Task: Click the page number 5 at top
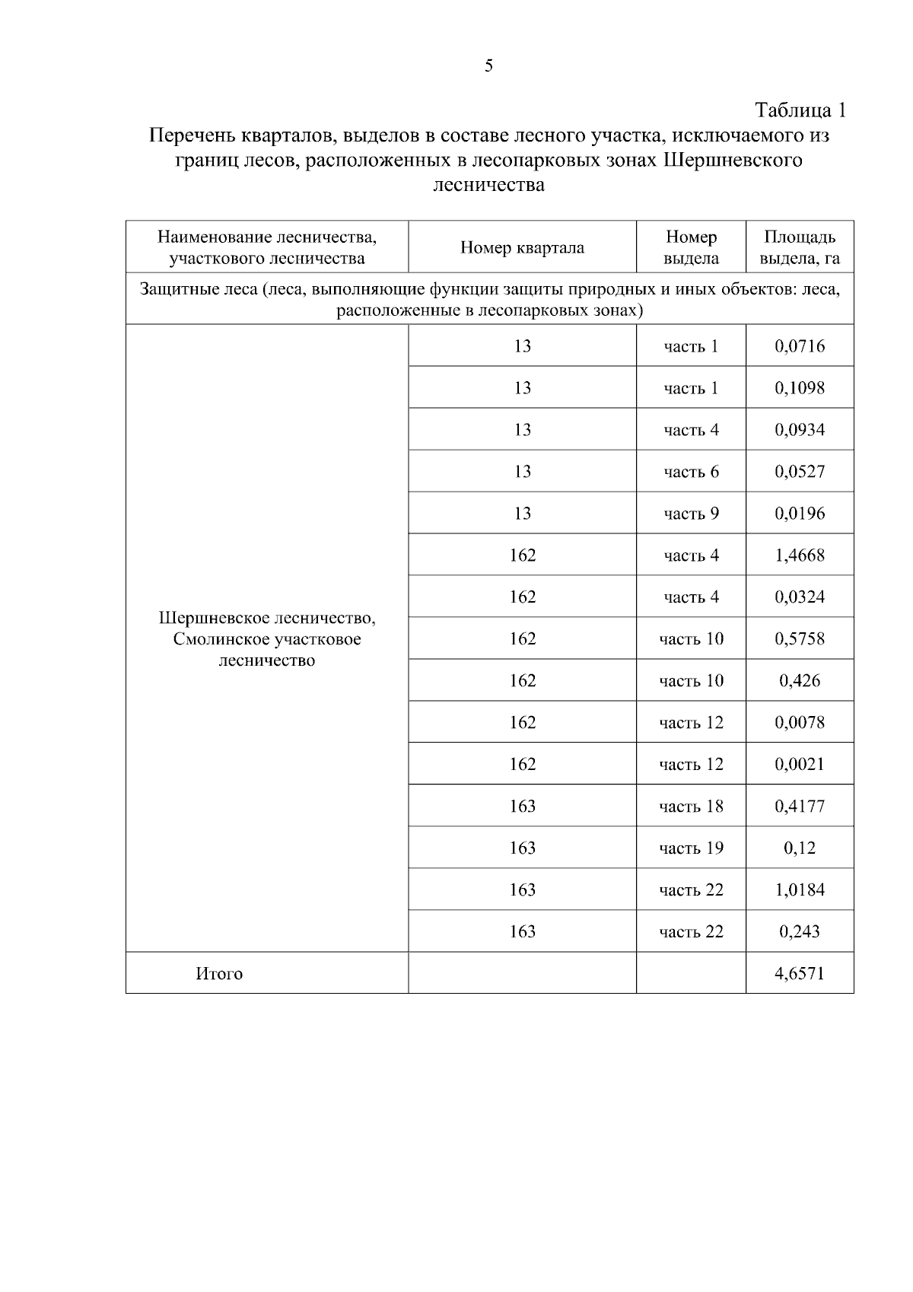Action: [x=488, y=66]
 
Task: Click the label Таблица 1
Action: [x=800, y=110]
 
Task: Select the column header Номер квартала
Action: [x=522, y=248]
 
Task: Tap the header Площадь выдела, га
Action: [x=800, y=248]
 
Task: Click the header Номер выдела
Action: [x=691, y=248]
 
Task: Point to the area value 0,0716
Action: [x=800, y=347]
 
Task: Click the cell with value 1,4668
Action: [x=800, y=555]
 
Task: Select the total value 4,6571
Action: [x=800, y=973]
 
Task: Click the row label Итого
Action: [x=219, y=974]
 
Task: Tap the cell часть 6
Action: [x=691, y=473]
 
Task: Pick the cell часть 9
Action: [x=691, y=514]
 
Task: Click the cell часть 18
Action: [x=691, y=807]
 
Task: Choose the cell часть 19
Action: [x=691, y=848]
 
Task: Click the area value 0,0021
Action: [x=800, y=764]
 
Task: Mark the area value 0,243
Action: [x=800, y=931]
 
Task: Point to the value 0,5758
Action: [x=800, y=639]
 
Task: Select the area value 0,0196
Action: [x=800, y=514]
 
